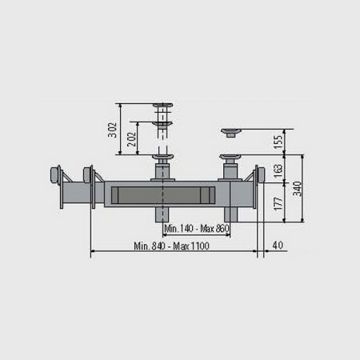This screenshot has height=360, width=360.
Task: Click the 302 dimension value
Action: tap(113, 130)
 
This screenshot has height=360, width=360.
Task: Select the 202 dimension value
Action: tap(131, 139)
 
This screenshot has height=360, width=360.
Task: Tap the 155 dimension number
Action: tap(278, 142)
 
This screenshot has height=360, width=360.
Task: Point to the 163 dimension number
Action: tap(278, 171)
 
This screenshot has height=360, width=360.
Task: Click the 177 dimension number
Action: tap(278, 204)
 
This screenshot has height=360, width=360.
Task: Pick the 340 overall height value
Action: tap(297, 189)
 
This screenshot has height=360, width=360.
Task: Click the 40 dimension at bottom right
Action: tap(278, 245)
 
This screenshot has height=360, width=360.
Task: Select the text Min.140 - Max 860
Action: tap(197, 229)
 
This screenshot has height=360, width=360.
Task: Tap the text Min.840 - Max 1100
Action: tap(171, 246)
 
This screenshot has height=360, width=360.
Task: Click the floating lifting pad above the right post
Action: tap(231, 133)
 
